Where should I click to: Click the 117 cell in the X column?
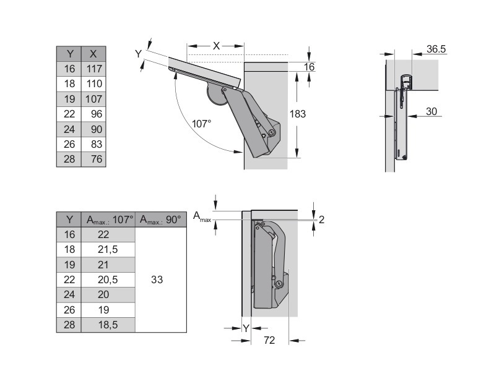(94, 69)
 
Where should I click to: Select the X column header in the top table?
(94, 54)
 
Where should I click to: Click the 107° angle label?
(201, 124)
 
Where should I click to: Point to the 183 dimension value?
(298, 114)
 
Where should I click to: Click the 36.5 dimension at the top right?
(436, 48)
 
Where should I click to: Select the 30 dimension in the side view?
(431, 111)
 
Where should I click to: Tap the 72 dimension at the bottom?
(269, 340)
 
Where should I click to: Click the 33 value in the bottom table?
(157, 279)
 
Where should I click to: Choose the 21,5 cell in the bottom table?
(108, 249)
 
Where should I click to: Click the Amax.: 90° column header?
(160, 220)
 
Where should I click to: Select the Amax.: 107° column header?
(110, 220)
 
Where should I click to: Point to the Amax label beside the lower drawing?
(202, 216)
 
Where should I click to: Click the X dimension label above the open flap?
(216, 46)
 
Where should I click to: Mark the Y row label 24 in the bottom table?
(69, 294)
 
